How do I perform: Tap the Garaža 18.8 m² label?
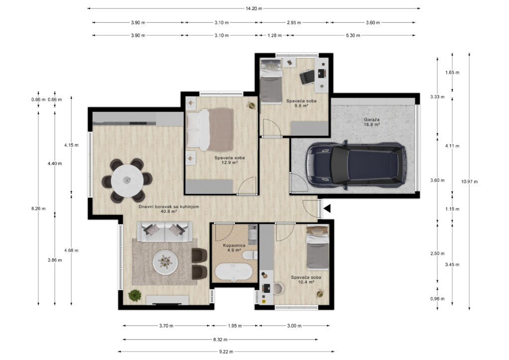[372, 122]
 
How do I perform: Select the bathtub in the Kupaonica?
[234, 272]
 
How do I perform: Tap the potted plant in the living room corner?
[135, 295]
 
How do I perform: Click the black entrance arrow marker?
[327, 209]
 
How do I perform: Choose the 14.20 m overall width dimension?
[254, 8]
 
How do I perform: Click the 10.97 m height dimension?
[469, 181]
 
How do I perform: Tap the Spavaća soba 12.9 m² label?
[229, 160]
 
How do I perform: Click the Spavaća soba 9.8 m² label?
[301, 103]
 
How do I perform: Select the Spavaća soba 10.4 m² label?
[306, 279]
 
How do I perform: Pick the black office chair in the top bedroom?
[307, 76]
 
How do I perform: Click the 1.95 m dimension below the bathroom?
[234, 326]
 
